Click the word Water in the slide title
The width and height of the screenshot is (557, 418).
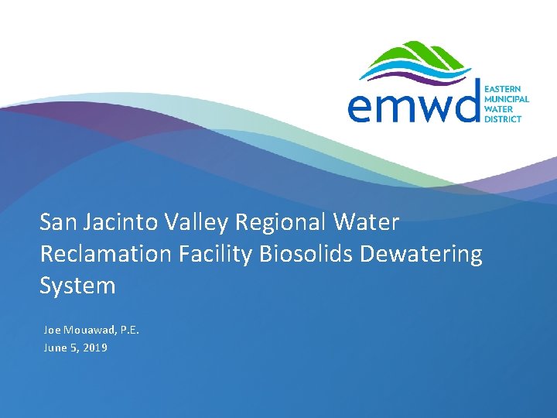[366, 223]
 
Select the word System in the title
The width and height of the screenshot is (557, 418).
[77, 286]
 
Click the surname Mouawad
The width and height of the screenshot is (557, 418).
[90, 331]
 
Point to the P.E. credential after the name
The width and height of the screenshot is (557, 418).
[128, 331]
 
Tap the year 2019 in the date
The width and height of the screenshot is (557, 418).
[94, 348]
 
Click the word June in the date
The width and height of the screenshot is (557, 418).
[55, 348]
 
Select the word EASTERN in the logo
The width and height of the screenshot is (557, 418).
[501, 90]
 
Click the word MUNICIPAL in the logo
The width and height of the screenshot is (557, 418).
[506, 100]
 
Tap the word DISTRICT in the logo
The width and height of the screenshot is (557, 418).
[503, 119]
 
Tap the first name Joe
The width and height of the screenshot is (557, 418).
[52, 331]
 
